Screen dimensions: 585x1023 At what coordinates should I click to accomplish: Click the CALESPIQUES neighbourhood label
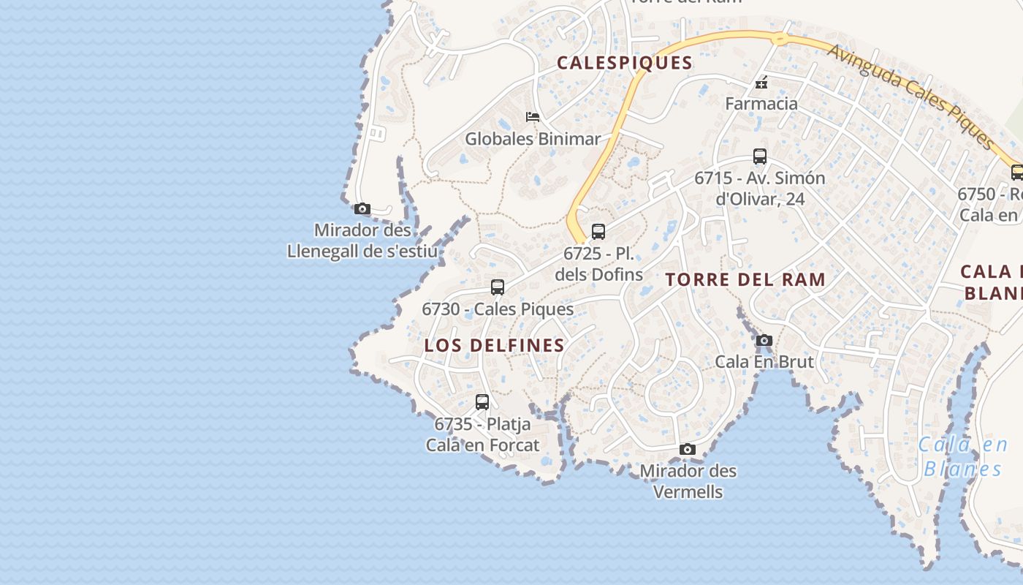pos(624,63)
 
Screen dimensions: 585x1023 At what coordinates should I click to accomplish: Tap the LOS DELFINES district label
pos(495,345)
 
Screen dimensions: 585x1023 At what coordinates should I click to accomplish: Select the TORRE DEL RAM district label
pos(746,279)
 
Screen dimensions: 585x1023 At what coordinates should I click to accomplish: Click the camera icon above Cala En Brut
pos(764,340)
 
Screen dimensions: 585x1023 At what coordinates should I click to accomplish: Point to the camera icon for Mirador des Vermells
pos(687,449)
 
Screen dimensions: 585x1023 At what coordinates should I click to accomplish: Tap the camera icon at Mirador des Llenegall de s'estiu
pos(362,209)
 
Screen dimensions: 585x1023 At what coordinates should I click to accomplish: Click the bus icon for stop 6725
pos(598,232)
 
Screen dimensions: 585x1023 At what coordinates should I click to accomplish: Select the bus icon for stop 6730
pos(498,287)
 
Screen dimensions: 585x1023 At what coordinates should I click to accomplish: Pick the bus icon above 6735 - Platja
pos(482,402)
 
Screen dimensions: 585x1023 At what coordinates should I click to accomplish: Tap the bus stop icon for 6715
pos(760,156)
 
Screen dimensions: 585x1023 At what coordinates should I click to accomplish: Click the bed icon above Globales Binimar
pos(533,117)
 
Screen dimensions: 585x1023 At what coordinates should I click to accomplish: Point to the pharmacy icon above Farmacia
pos(761,82)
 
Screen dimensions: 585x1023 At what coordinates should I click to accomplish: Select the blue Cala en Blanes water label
pos(962,456)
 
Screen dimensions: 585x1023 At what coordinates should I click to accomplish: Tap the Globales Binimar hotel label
pos(533,139)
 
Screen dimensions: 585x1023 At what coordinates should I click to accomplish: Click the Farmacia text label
pos(761,104)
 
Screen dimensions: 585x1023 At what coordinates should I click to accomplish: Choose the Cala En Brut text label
pos(764,361)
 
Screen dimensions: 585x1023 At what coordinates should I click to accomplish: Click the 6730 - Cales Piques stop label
pos(498,309)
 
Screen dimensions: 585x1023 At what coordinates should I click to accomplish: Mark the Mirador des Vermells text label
pos(688,481)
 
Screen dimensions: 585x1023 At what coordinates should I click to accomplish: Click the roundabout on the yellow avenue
pos(780,39)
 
